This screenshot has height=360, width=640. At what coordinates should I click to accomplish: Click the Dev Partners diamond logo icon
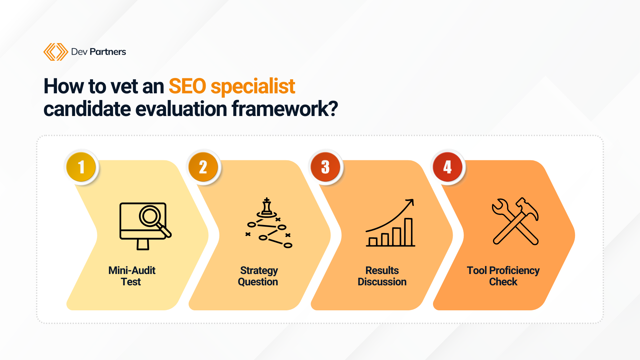coord(56,52)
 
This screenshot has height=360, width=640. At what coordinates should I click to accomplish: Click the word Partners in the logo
coord(108,52)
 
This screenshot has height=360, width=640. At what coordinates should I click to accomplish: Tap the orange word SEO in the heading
coord(187,86)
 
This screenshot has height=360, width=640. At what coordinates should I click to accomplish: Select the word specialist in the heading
coord(253,87)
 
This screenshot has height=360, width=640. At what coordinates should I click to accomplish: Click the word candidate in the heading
coord(87,109)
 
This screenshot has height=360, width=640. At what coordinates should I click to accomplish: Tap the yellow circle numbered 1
coord(81,167)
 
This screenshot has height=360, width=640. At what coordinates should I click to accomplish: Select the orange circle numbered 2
coord(203,167)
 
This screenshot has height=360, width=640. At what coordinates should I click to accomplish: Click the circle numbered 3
coord(325,167)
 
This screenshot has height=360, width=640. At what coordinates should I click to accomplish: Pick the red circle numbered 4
coord(447,167)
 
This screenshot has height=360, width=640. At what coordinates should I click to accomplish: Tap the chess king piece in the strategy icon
coord(266,207)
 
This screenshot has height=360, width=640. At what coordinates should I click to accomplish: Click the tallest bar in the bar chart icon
coord(408,232)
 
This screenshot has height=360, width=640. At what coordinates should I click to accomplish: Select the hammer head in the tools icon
coord(527,208)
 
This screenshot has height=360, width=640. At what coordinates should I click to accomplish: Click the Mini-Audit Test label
coord(132,276)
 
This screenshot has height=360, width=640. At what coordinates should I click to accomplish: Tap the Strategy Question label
coord(258,276)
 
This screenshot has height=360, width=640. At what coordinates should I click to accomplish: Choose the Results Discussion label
coord(382,276)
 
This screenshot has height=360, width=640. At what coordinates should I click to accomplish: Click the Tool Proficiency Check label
coord(503,276)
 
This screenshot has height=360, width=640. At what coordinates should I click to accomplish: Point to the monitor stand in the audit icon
coord(143,245)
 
